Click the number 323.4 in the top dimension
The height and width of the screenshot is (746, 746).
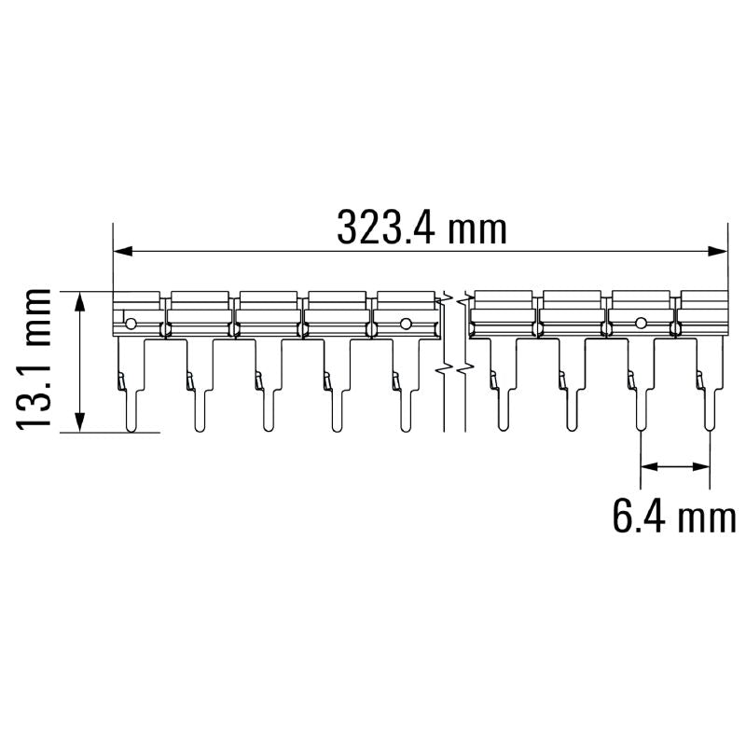tap(385, 228)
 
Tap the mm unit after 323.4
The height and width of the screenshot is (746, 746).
tap(477, 231)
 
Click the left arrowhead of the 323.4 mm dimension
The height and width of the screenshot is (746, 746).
tap(123, 251)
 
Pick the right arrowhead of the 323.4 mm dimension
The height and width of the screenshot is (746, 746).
tap(717, 251)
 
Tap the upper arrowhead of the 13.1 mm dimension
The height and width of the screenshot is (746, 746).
tap(80, 301)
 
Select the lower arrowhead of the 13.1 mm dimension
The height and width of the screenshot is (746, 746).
tap(80, 422)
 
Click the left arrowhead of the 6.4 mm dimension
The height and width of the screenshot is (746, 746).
tap(650, 467)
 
